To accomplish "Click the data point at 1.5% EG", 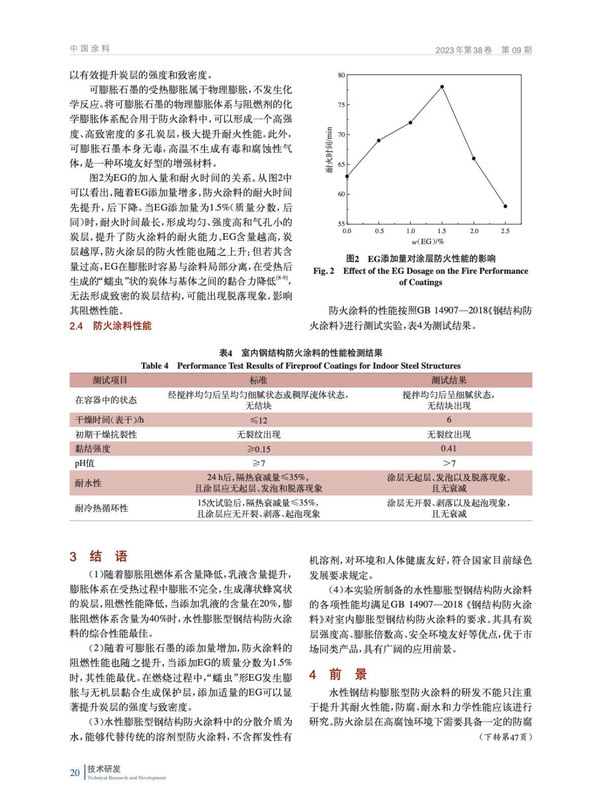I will pos(442,87).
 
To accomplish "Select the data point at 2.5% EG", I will pos(505,206).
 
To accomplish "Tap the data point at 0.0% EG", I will pos(347,176).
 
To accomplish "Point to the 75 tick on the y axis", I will pos(341,105).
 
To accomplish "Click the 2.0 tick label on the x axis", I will pos(474,231).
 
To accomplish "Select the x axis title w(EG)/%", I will pos(428,242).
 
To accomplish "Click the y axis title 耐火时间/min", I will pos(329,150).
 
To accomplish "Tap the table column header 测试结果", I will pos(448,380).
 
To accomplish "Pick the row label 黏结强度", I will pos(93,449).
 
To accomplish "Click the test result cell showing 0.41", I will pos(448,449).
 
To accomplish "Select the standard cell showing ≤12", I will pos(259,420).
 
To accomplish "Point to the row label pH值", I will pos(85,463).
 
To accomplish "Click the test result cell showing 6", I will pos(448,420).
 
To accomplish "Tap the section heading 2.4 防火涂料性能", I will pos(111,326).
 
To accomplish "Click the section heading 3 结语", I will pos(99,557).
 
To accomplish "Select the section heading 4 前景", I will pos(338,675).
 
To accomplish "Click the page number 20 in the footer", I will pos(75,772).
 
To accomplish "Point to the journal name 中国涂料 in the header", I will pos(90,49).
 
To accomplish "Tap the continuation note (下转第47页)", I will pos(505,737).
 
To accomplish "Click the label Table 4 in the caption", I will pos(154,366).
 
